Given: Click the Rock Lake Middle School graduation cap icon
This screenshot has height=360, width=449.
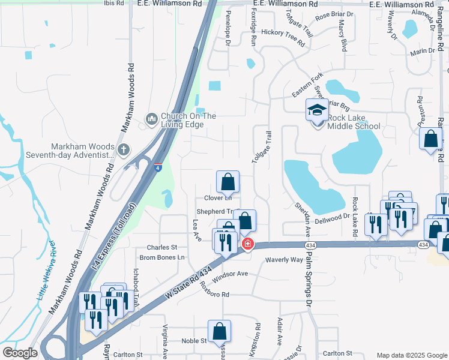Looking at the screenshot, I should [x=318, y=111].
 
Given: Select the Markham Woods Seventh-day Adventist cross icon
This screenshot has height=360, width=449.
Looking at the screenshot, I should [x=124, y=149].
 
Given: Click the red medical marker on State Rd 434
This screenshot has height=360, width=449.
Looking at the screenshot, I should [x=247, y=244].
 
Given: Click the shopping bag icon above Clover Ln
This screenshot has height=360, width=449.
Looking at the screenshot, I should [x=228, y=182].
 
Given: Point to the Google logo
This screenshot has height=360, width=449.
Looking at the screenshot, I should [x=20, y=353].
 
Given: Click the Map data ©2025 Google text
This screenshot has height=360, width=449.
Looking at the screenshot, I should [x=411, y=355].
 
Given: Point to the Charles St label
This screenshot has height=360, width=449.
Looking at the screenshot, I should [x=162, y=247].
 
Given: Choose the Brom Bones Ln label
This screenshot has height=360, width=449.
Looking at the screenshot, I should [x=162, y=257].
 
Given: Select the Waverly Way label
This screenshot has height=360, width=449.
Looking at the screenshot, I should [x=285, y=260].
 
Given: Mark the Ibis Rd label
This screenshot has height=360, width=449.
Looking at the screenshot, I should [x=113, y=3].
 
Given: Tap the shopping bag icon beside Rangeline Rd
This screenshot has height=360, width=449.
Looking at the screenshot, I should [x=431, y=140].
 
